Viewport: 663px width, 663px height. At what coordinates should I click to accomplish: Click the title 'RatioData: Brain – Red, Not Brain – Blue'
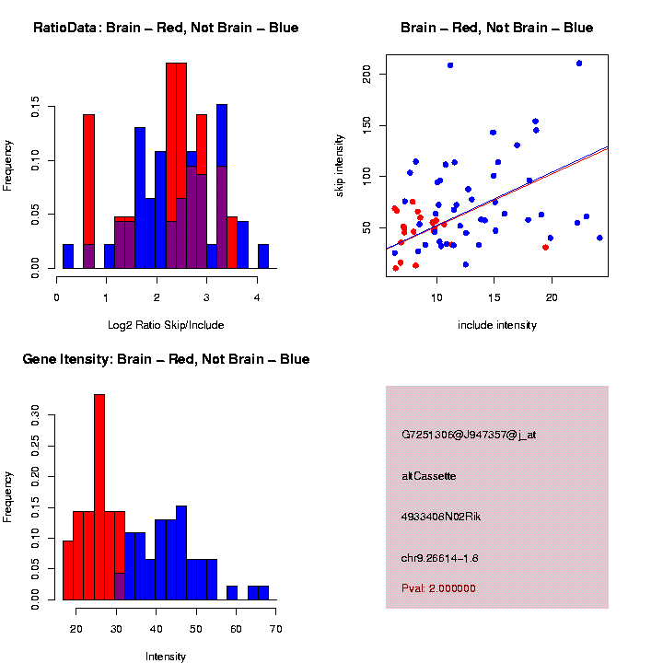(166, 28)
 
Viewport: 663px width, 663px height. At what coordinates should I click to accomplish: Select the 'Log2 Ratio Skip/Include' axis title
(166, 325)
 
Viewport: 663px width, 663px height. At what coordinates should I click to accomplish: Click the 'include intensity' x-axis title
(497, 325)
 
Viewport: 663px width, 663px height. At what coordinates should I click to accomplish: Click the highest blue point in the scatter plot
(578, 64)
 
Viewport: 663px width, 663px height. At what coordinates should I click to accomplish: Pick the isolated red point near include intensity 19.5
(546, 247)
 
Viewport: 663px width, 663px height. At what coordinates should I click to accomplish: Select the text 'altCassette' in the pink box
(429, 476)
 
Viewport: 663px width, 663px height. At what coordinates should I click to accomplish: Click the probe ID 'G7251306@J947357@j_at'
(469, 435)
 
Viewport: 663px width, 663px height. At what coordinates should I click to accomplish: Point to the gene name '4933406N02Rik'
(441, 517)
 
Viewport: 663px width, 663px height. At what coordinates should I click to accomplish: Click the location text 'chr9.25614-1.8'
(440, 558)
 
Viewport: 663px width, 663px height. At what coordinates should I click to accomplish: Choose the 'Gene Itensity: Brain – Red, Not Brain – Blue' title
(166, 359)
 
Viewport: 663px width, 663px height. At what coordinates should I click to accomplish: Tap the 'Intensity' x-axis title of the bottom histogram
(166, 657)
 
